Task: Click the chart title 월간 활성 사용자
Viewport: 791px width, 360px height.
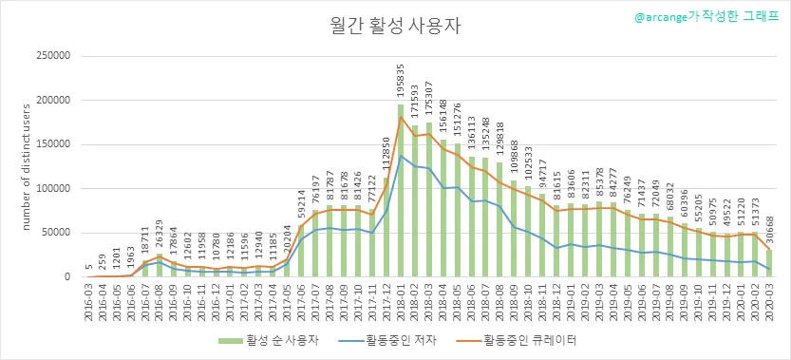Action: coord(395,27)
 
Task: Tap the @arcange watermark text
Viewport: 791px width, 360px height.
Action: coord(707,17)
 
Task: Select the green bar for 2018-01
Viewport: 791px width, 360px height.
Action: coord(401,191)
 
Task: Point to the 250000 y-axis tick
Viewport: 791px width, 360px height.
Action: coord(52,56)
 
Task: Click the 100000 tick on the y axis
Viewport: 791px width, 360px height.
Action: coord(52,189)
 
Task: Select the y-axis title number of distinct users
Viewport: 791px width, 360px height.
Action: coord(26,166)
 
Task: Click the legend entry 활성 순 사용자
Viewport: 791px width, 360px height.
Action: coord(268,340)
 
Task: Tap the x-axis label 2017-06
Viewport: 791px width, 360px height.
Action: coord(301,300)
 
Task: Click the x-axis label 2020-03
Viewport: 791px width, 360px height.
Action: coord(770,300)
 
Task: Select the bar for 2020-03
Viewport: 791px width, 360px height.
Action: coord(770,263)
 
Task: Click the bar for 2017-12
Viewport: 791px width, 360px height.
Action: coord(386,227)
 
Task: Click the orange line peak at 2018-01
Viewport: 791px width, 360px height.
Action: coord(401,117)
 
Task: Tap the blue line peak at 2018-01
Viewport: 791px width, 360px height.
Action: coord(401,156)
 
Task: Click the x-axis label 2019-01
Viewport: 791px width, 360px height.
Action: coord(571,300)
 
